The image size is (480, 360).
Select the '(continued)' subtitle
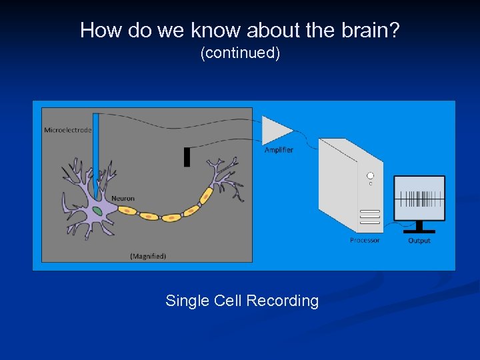240,53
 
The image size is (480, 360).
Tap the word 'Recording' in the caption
282,301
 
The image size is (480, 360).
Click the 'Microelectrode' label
67,130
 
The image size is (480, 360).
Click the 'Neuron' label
123,198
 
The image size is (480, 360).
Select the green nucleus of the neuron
98,211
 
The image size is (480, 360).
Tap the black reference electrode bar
187,157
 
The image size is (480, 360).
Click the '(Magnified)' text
148,255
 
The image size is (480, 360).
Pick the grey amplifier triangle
276,130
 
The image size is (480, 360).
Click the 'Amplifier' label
279,150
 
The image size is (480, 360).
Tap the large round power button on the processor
370,176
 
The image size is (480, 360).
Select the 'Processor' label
365,240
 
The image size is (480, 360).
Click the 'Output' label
419,240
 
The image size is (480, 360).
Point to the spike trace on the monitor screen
419,198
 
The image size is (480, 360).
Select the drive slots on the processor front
370,218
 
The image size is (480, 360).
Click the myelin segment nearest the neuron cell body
127,211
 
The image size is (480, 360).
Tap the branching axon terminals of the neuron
223,177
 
